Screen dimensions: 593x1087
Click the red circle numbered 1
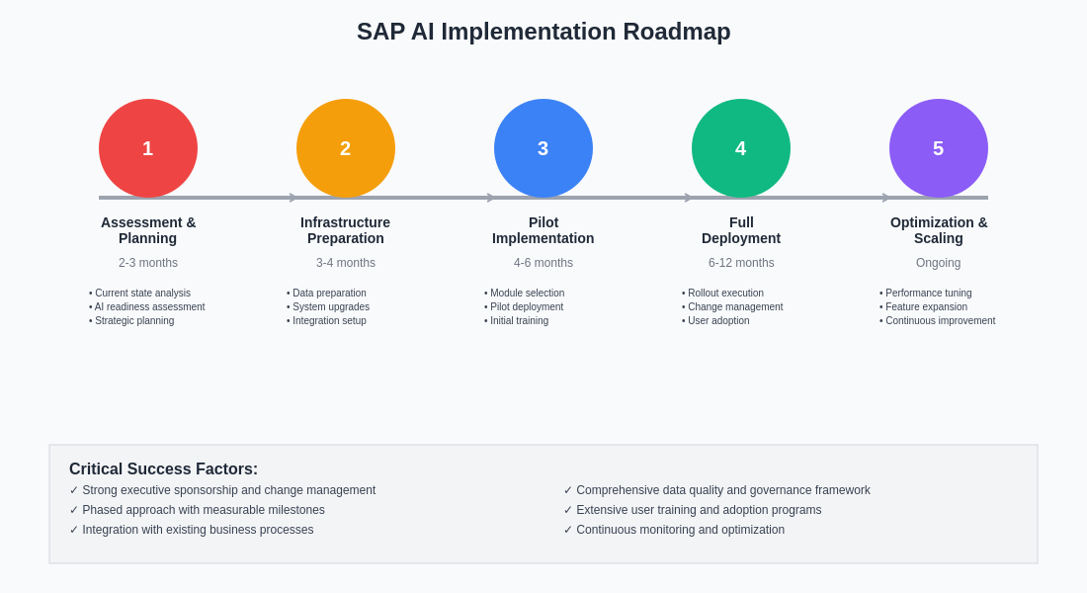pyautogui.click(x=148, y=148)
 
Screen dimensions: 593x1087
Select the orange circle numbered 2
pyautogui.click(x=346, y=148)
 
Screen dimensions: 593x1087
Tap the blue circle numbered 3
pyautogui.click(x=543, y=148)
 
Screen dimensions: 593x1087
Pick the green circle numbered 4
pyautogui.click(x=741, y=148)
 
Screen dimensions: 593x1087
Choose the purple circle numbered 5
pyautogui.click(x=939, y=148)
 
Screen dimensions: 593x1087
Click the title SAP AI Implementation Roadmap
pyautogui.click(x=543, y=32)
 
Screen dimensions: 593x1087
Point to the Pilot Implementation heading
pyautogui.click(x=543, y=230)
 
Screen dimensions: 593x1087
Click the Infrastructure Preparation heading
pyautogui.click(x=346, y=230)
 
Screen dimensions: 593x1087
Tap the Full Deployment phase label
pyautogui.click(x=741, y=230)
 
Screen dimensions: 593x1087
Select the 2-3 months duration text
pyautogui.click(x=148, y=263)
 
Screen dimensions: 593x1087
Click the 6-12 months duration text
pyautogui.click(x=741, y=263)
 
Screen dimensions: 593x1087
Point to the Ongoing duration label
pyautogui.click(x=939, y=263)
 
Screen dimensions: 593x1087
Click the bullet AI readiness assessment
pyautogui.click(x=149, y=307)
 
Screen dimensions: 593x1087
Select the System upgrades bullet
pyautogui.click(x=331, y=307)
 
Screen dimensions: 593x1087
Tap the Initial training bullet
pyautogui.click(x=519, y=321)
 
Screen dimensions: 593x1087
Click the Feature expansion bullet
pyautogui.click(x=926, y=307)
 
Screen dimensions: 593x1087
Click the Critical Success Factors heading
pyautogui.click(x=163, y=469)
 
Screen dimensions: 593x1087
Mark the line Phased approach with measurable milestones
pyautogui.click(x=203, y=510)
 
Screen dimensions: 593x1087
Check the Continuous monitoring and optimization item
pyautogui.click(x=680, y=530)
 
